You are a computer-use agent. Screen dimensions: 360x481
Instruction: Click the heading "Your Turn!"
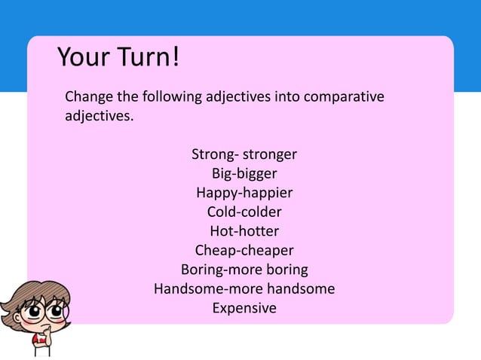tap(118, 57)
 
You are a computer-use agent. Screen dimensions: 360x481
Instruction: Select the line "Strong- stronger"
tap(244, 155)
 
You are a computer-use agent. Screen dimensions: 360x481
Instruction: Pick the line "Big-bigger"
tap(244, 174)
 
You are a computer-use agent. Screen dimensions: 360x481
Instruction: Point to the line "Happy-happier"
tap(244, 194)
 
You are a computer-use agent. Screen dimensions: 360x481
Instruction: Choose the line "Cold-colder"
tap(244, 212)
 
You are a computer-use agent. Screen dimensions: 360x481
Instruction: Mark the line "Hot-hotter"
tap(244, 231)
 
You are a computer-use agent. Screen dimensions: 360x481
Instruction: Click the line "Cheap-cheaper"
tap(244, 250)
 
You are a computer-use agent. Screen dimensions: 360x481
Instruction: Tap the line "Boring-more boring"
tap(244, 270)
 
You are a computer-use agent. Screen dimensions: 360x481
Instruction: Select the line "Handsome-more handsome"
tap(244, 288)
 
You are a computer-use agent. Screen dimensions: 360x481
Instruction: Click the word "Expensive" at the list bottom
tap(244, 308)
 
